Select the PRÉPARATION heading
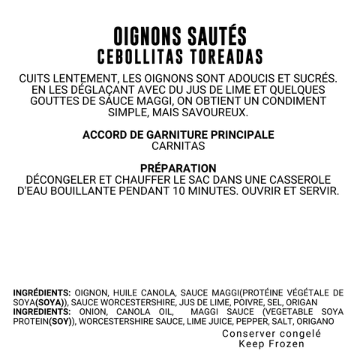179,168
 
